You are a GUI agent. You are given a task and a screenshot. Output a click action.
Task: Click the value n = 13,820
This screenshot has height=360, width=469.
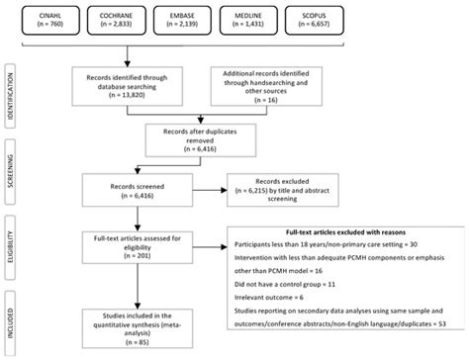coord(129,101)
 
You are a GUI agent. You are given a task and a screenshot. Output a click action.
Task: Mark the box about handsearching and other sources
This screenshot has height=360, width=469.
coord(264,89)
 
